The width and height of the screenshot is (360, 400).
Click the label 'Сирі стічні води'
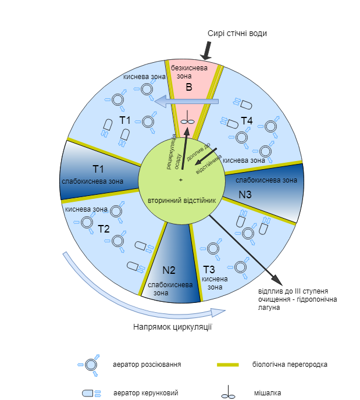[237, 33]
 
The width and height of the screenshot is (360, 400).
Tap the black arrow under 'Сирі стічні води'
[207, 51]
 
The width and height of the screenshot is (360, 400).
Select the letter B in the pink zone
[189, 87]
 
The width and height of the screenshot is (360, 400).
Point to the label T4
[247, 121]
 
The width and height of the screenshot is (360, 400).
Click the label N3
[245, 195]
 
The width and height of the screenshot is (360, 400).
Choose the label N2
[169, 270]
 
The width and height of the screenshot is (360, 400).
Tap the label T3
[209, 269]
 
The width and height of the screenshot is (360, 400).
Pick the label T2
[104, 229]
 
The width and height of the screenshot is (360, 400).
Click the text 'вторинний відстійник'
[182, 201]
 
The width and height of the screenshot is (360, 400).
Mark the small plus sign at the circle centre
[181, 180]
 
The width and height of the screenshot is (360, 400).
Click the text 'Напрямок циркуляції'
[173, 327]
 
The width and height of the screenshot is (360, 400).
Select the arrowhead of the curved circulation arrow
[219, 312]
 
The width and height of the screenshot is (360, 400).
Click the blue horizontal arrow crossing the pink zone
[187, 101]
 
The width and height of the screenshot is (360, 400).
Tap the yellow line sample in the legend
[228, 365]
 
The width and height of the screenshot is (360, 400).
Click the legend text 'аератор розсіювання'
[147, 365]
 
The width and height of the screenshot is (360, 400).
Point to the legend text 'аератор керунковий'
[145, 393]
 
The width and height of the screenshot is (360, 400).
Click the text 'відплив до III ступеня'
[293, 291]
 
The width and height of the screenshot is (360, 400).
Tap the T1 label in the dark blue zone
[98, 169]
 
